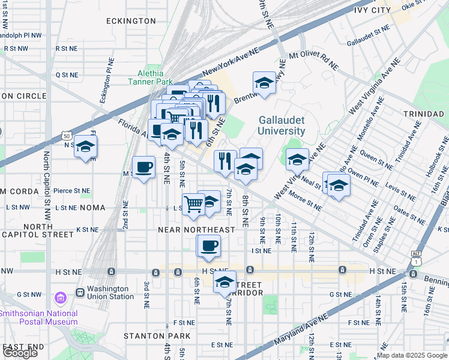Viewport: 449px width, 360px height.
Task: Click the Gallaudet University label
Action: pyautogui.click(x=282, y=125)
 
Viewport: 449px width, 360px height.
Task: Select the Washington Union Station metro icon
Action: pyautogui.click(x=80, y=292)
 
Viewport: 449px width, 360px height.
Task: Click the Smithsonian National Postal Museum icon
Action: pyautogui.click(x=59, y=298)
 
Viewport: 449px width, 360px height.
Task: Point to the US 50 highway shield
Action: pyautogui.click(x=66, y=137)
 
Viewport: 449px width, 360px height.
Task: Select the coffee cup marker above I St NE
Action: pyautogui.click(x=209, y=246)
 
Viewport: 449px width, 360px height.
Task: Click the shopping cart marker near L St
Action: pyautogui.click(x=193, y=203)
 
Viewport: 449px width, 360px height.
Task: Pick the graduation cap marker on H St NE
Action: pyautogui.click(x=225, y=281)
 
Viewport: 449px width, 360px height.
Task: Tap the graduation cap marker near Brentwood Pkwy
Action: pyautogui.click(x=264, y=82)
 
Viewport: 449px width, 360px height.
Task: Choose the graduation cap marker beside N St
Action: pyautogui.click(x=85, y=146)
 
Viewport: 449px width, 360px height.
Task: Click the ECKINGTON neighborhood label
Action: pyautogui.click(x=131, y=21)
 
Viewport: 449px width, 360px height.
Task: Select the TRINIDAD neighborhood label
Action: pyautogui.click(x=424, y=113)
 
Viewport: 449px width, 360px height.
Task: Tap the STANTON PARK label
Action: pyautogui.click(x=157, y=336)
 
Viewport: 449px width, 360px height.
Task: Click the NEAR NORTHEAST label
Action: pyautogui.click(x=196, y=230)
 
